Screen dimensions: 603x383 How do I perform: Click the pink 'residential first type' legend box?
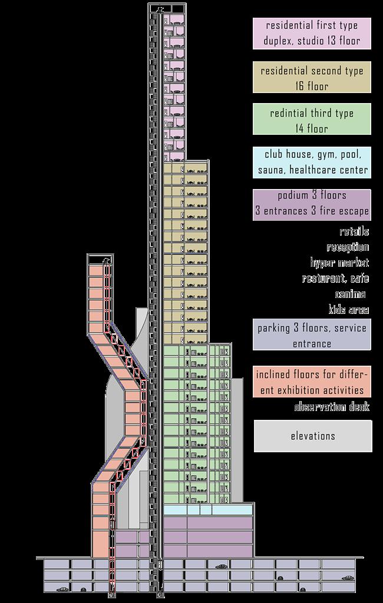[312, 33]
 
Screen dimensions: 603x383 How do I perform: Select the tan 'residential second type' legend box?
[312, 78]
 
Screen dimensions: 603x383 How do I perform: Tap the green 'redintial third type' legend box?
[312, 120]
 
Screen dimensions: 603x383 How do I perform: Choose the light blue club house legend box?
[312, 163]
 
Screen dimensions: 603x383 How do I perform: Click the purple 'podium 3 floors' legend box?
[312, 204]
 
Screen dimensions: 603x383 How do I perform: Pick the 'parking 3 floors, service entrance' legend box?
[312, 335]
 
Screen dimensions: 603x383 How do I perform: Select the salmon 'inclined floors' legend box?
[312, 382]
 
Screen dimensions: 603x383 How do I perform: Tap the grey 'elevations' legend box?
[313, 436]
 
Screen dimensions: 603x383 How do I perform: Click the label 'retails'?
[354, 232]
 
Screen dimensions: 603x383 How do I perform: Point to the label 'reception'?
[348, 247]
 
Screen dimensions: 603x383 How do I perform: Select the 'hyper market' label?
[339, 263]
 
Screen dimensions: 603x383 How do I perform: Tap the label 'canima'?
[350, 294]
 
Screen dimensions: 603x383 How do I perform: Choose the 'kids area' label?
[349, 309]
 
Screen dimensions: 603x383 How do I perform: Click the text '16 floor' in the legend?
[312, 86]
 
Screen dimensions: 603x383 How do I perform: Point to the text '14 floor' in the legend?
[312, 128]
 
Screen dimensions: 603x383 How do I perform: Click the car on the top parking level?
[222, 566]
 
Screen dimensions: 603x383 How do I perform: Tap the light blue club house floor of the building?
[206, 509]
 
